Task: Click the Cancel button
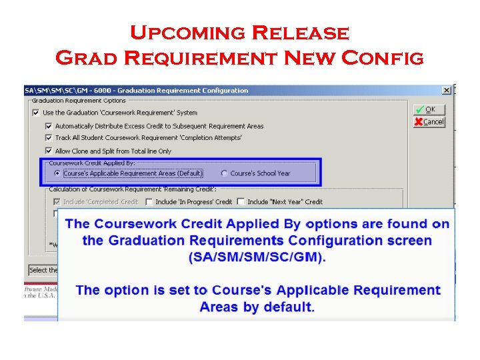click(x=428, y=122)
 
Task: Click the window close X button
click(x=447, y=90)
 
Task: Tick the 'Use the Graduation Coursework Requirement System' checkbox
click(x=35, y=113)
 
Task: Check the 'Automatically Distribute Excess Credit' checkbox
click(x=48, y=126)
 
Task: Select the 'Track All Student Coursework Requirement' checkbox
click(x=48, y=138)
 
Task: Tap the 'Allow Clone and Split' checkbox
click(x=48, y=151)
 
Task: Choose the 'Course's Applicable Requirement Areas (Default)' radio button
click(x=57, y=173)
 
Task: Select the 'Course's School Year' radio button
click(x=224, y=173)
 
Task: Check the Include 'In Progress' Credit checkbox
click(x=149, y=201)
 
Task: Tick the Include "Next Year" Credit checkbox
click(x=241, y=201)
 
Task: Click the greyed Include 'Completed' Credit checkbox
click(x=57, y=201)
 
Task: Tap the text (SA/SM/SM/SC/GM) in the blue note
click(x=257, y=257)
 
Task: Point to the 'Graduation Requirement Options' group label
click(x=79, y=101)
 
